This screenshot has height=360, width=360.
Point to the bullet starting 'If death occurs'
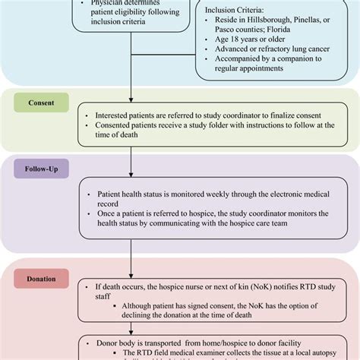pyautogui.click(x=209, y=289)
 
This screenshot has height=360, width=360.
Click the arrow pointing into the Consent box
pyautogui.click(x=131, y=102)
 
